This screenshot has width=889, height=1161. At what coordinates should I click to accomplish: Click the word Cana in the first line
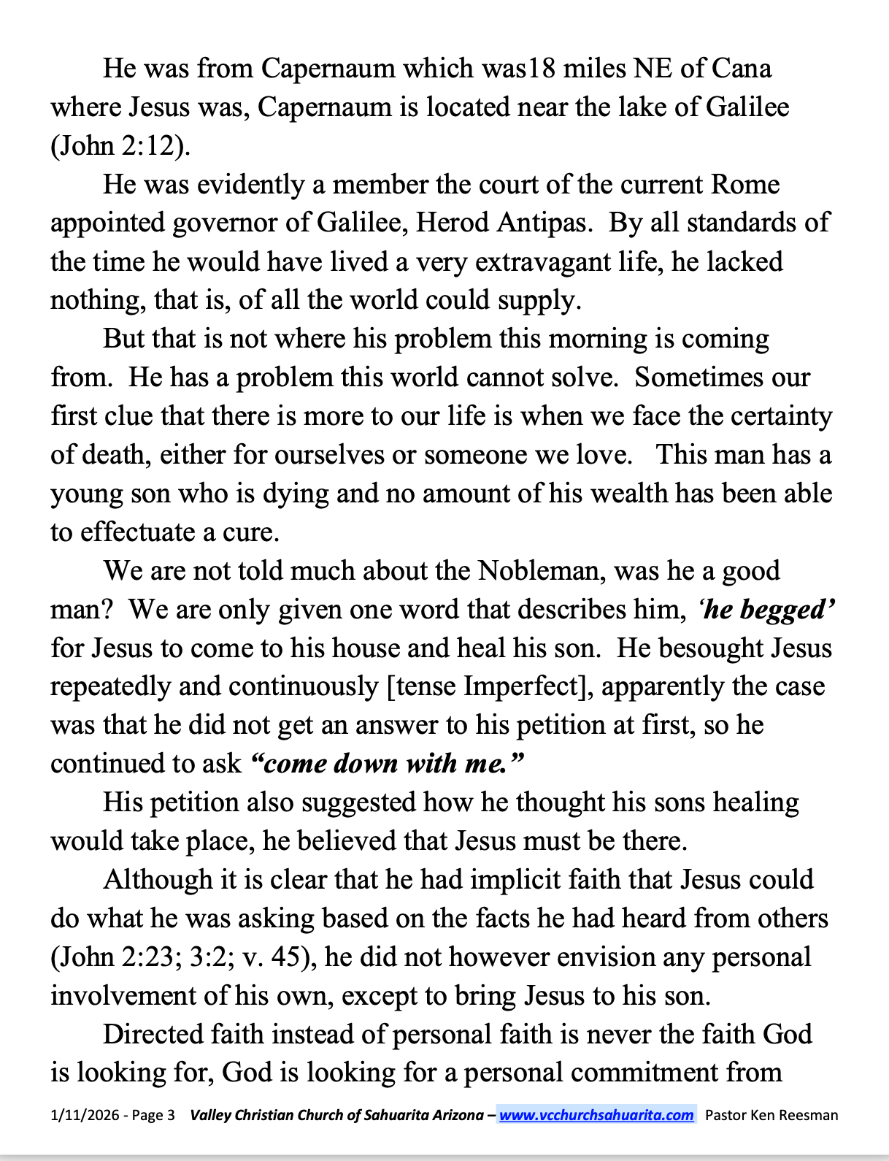[741, 69]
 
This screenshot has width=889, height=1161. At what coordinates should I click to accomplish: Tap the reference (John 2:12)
[120, 146]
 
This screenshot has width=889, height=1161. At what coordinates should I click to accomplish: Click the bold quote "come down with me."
[387, 764]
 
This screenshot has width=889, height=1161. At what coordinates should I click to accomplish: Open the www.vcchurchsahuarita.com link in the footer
[596, 1116]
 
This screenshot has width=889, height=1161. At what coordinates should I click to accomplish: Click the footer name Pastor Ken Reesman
[771, 1116]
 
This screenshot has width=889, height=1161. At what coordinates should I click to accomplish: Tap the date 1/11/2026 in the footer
[80, 1116]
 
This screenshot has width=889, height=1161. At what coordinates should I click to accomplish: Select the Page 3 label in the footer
[153, 1116]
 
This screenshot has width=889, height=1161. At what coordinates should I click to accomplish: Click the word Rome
[745, 185]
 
